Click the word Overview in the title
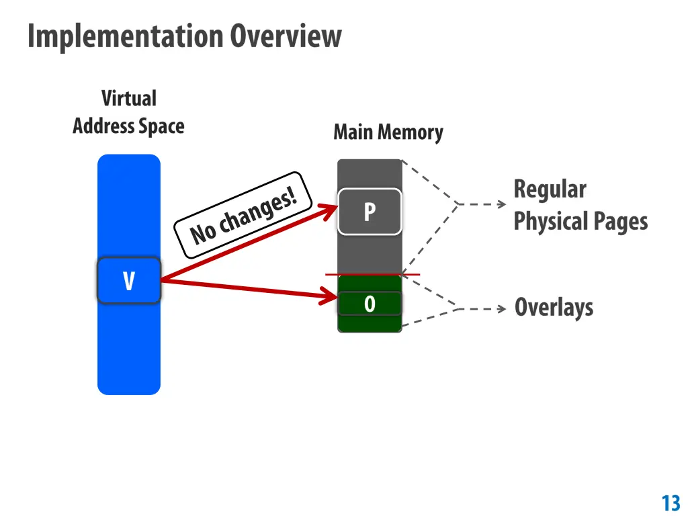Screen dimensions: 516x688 click(286, 36)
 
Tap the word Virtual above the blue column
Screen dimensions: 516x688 click(129, 99)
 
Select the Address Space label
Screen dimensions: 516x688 click(128, 126)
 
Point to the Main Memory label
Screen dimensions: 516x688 click(388, 132)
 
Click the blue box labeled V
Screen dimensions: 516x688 click(129, 280)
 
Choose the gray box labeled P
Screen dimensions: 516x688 click(370, 212)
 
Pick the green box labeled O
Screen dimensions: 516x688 click(370, 304)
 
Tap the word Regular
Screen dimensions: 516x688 click(550, 189)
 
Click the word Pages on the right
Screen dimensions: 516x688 click(621, 222)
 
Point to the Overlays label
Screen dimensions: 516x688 click(554, 308)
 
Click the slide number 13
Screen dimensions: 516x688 click(671, 503)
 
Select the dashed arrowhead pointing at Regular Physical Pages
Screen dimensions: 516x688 click(501, 204)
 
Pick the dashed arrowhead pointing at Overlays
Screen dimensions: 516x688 click(501, 309)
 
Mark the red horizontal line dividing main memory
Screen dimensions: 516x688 click(372, 274)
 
